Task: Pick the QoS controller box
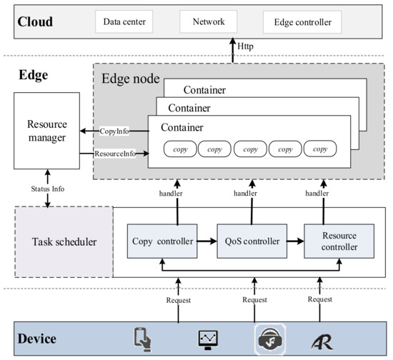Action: point(252,241)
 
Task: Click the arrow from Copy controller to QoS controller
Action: point(207,241)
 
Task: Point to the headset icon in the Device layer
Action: point(268,339)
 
